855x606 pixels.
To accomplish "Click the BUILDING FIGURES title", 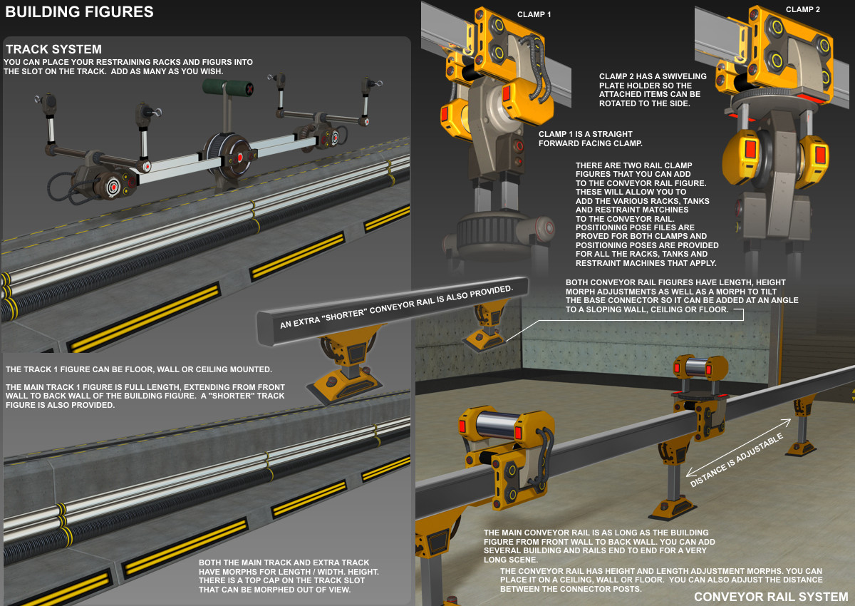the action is (79, 12).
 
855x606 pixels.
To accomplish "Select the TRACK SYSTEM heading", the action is (53, 49).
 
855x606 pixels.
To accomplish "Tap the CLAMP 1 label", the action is (534, 14).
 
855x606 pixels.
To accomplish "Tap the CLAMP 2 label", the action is (803, 9).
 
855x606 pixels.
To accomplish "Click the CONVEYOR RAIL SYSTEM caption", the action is (771, 597).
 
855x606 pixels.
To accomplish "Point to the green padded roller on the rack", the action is (227, 88).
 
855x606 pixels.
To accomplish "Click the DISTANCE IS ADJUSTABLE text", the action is (736, 460).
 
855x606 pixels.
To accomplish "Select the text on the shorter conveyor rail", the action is (396, 307).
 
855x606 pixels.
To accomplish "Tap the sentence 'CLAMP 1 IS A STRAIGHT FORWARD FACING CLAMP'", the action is (591, 138).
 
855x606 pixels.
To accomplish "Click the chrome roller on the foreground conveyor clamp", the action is (497, 424).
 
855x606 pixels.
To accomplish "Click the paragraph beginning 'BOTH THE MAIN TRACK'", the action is (289, 576).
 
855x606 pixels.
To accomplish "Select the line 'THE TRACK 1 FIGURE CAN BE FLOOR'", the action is (138, 369).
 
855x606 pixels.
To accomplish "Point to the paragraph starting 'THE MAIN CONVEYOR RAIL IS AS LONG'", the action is (599, 546).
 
